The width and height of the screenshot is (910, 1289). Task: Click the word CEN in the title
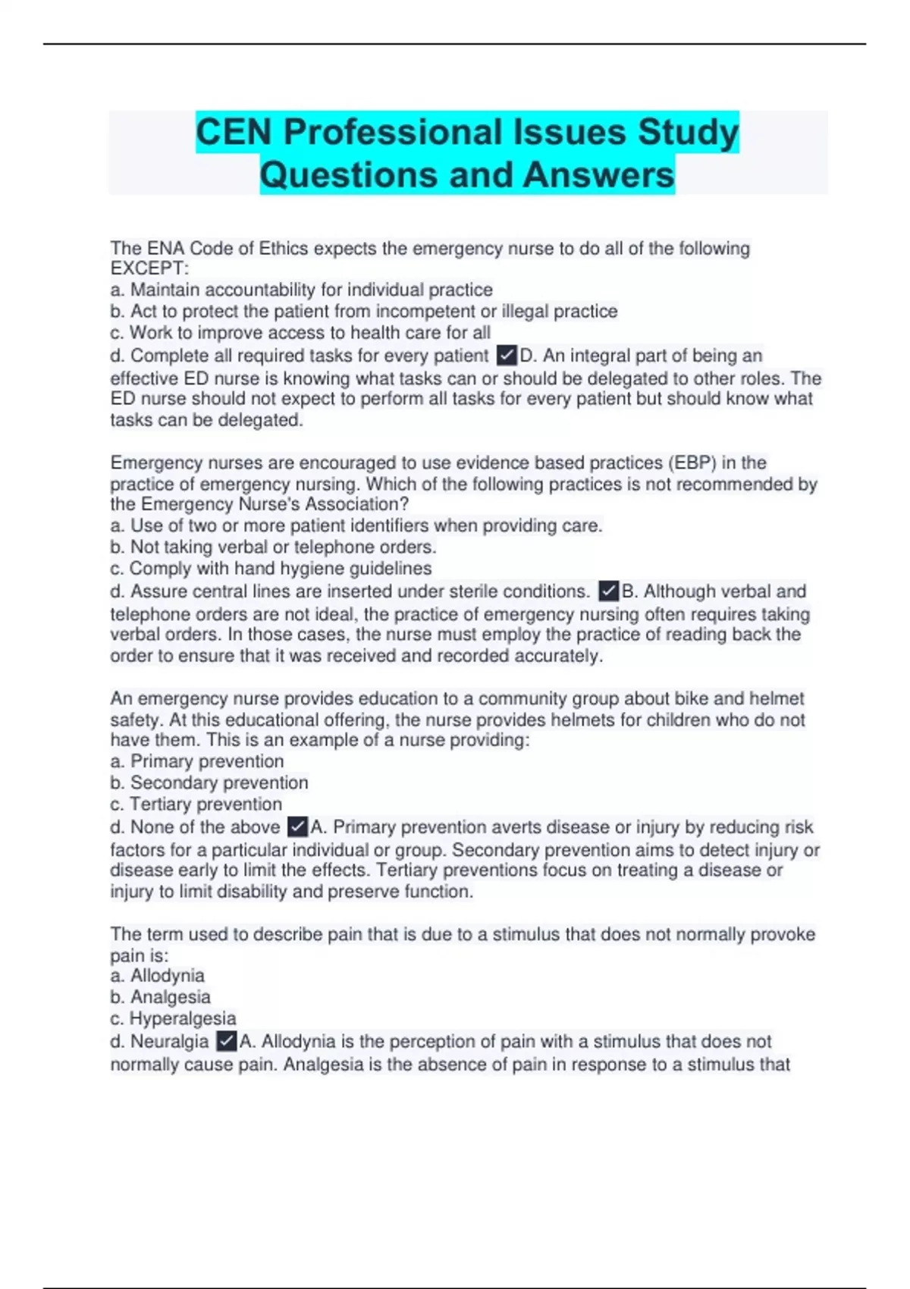click(234, 132)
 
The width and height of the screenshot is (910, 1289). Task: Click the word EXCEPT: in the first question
click(149, 268)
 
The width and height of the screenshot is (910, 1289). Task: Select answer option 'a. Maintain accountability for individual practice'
click(302, 290)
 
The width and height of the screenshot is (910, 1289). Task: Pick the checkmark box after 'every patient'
click(507, 356)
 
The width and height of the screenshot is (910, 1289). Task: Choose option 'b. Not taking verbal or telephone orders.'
click(273, 547)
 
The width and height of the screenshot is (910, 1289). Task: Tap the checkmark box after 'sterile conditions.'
click(608, 591)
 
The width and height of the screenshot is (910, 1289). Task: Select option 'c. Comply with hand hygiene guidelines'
click(271, 569)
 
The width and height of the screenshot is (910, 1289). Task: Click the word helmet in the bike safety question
click(776, 698)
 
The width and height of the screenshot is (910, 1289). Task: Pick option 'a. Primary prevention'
click(197, 761)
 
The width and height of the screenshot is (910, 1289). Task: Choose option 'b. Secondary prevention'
click(209, 782)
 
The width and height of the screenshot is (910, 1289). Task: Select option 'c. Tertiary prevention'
click(196, 804)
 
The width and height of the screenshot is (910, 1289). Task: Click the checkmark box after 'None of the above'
click(298, 826)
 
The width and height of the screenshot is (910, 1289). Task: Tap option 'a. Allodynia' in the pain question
click(158, 976)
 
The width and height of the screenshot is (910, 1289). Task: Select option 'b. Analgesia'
click(160, 997)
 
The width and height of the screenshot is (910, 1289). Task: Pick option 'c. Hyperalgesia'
click(173, 1018)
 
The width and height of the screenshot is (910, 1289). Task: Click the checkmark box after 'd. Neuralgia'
click(226, 1041)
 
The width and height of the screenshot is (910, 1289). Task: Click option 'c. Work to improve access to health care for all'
click(300, 333)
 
